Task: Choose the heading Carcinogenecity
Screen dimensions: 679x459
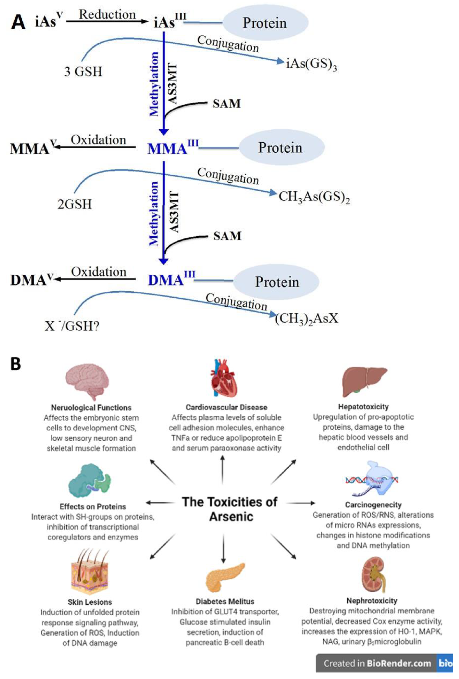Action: point(373,505)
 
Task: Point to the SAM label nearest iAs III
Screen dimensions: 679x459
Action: point(226,104)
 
